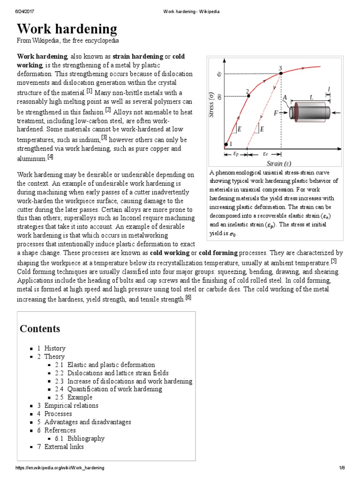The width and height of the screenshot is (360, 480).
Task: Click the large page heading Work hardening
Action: tap(67, 29)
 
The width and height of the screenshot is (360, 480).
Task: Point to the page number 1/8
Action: tap(342, 468)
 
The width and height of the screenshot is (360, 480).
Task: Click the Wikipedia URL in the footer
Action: tap(60, 468)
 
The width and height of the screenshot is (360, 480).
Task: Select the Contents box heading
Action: tap(40, 328)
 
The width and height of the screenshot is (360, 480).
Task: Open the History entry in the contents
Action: tap(55, 348)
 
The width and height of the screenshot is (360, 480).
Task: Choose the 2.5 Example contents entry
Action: tap(80, 397)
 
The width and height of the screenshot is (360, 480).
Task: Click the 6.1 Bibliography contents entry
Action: tap(86, 438)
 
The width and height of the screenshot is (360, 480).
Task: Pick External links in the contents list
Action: tap(64, 447)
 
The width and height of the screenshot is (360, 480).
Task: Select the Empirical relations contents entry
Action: tap(71, 405)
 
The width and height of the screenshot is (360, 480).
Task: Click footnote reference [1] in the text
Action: tap(89, 91)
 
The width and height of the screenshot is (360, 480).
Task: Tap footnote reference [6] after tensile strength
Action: tap(188, 297)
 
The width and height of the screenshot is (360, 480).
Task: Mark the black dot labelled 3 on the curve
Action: tap(280, 73)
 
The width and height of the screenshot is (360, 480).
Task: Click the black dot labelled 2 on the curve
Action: tap(248, 96)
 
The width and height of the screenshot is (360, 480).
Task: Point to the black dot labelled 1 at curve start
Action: tap(226, 144)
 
